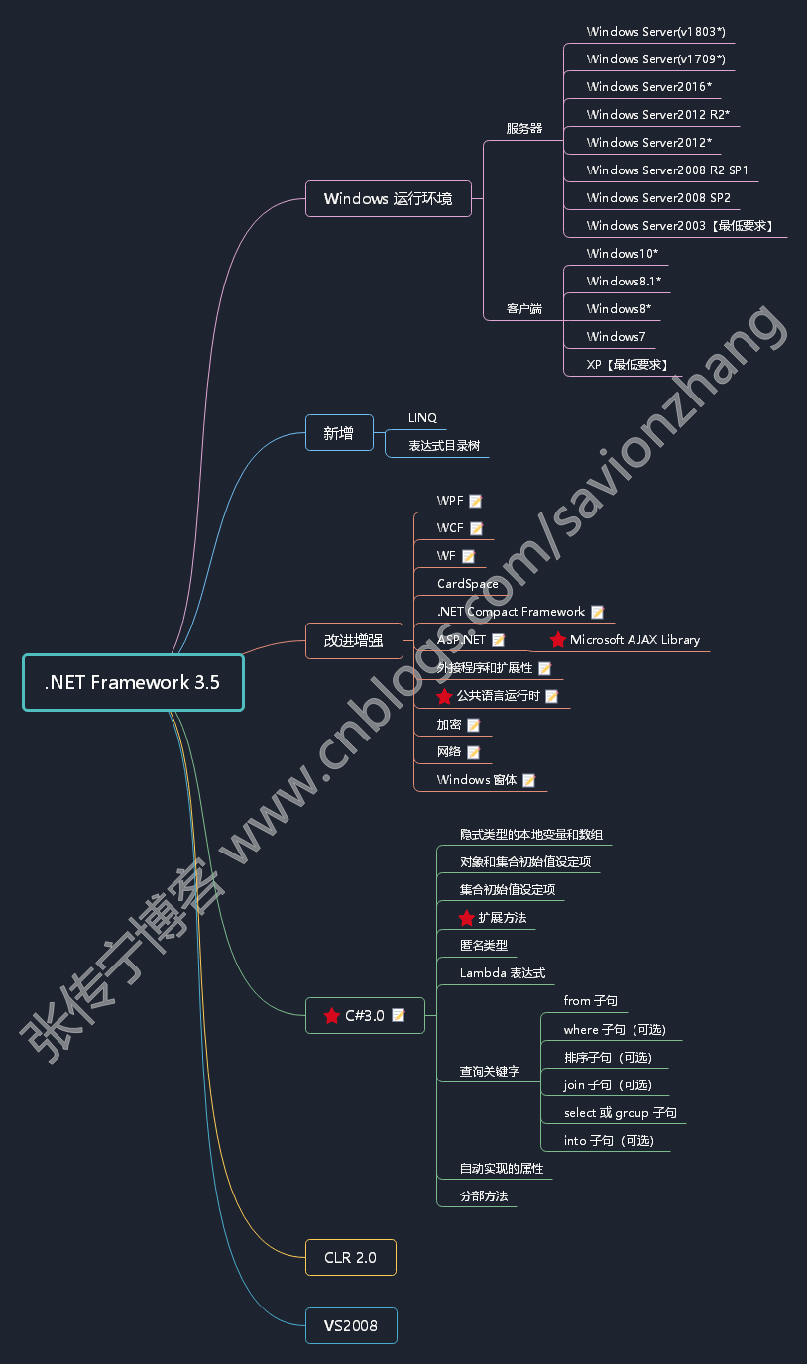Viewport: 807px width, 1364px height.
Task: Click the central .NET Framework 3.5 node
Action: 133,682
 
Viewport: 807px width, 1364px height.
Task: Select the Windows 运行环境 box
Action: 388,198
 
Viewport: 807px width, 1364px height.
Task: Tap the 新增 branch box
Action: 339,433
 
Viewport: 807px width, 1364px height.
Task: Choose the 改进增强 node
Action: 353,640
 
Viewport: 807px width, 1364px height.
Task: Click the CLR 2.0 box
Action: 350,1257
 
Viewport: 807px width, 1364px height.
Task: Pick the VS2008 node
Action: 350,1325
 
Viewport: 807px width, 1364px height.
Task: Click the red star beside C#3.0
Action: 332,1015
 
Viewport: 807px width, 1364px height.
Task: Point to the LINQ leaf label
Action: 422,418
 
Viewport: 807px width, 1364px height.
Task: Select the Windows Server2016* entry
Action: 648,87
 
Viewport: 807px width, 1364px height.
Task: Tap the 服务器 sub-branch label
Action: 523,128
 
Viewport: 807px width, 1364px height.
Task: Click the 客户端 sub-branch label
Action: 523,308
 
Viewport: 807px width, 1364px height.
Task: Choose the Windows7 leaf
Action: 616,337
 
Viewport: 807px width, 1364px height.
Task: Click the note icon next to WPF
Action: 476,501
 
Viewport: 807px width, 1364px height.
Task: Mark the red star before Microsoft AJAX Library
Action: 558,640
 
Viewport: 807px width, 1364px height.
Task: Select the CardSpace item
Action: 467,584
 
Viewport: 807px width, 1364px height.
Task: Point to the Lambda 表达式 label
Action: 502,973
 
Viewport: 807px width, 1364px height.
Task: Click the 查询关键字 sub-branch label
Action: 489,1072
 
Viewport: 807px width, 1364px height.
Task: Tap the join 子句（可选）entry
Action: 608,1085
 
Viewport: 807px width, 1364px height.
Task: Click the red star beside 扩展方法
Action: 467,918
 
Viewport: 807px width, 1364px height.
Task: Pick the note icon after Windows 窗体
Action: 529,780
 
